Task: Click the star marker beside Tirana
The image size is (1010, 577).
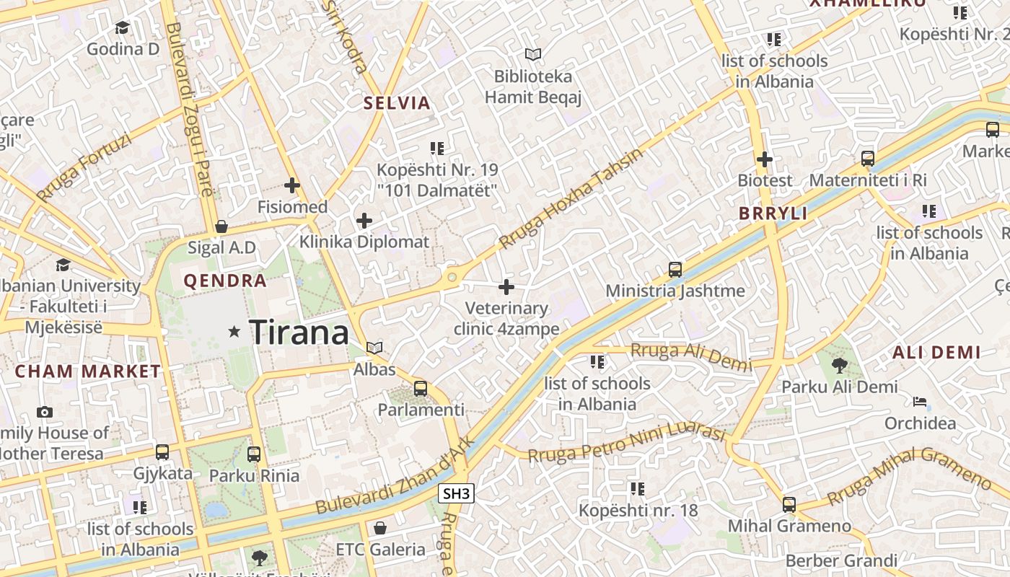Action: tap(234, 332)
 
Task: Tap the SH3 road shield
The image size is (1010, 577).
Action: tap(457, 493)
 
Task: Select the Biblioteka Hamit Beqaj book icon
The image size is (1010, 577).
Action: tap(533, 54)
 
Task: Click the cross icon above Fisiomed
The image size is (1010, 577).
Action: tap(292, 186)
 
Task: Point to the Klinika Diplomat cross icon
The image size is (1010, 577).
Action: tap(364, 221)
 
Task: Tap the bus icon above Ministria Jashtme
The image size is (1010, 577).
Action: tap(675, 270)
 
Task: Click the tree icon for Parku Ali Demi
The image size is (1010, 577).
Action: tap(840, 366)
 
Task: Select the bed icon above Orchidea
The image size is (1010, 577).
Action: tap(920, 402)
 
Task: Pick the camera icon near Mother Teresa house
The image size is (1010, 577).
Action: tap(45, 412)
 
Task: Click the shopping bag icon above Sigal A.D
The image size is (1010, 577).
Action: tap(221, 226)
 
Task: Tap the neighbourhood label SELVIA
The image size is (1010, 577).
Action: tap(397, 102)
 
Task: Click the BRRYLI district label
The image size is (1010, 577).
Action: tap(773, 214)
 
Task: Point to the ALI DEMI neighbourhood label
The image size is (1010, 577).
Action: tap(936, 353)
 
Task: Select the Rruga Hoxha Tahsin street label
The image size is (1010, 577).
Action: tap(570, 200)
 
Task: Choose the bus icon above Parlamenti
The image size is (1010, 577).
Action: tap(421, 389)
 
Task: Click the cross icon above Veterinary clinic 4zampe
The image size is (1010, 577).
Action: tap(506, 287)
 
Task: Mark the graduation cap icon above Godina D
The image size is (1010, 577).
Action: tap(122, 27)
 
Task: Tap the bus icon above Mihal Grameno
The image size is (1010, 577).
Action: tap(789, 505)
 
